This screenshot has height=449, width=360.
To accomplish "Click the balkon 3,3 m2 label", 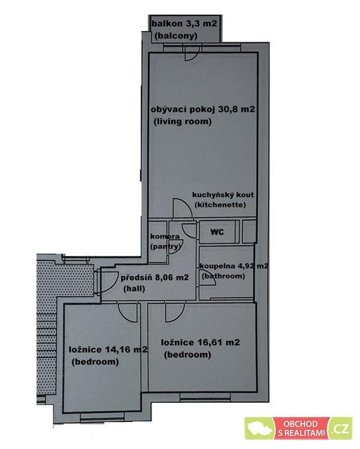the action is (x=184, y=24).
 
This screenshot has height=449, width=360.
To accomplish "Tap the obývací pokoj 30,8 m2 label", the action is (x=203, y=109).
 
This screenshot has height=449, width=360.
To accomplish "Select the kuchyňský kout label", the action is (x=223, y=195).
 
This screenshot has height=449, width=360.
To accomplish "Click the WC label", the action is (x=217, y=232).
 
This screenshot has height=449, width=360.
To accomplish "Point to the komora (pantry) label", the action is (x=165, y=241).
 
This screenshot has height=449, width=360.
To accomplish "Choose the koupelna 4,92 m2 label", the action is (x=234, y=266).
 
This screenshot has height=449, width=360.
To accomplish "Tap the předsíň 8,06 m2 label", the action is (x=155, y=277).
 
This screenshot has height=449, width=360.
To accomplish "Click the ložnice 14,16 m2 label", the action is (x=108, y=350).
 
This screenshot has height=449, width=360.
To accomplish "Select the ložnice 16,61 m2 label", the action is (x=200, y=342).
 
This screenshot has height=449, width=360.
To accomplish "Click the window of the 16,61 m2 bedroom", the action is (x=205, y=396).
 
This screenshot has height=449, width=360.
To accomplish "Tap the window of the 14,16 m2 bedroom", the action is (x=102, y=417).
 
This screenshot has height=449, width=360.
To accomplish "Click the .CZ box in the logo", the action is (x=340, y=429).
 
